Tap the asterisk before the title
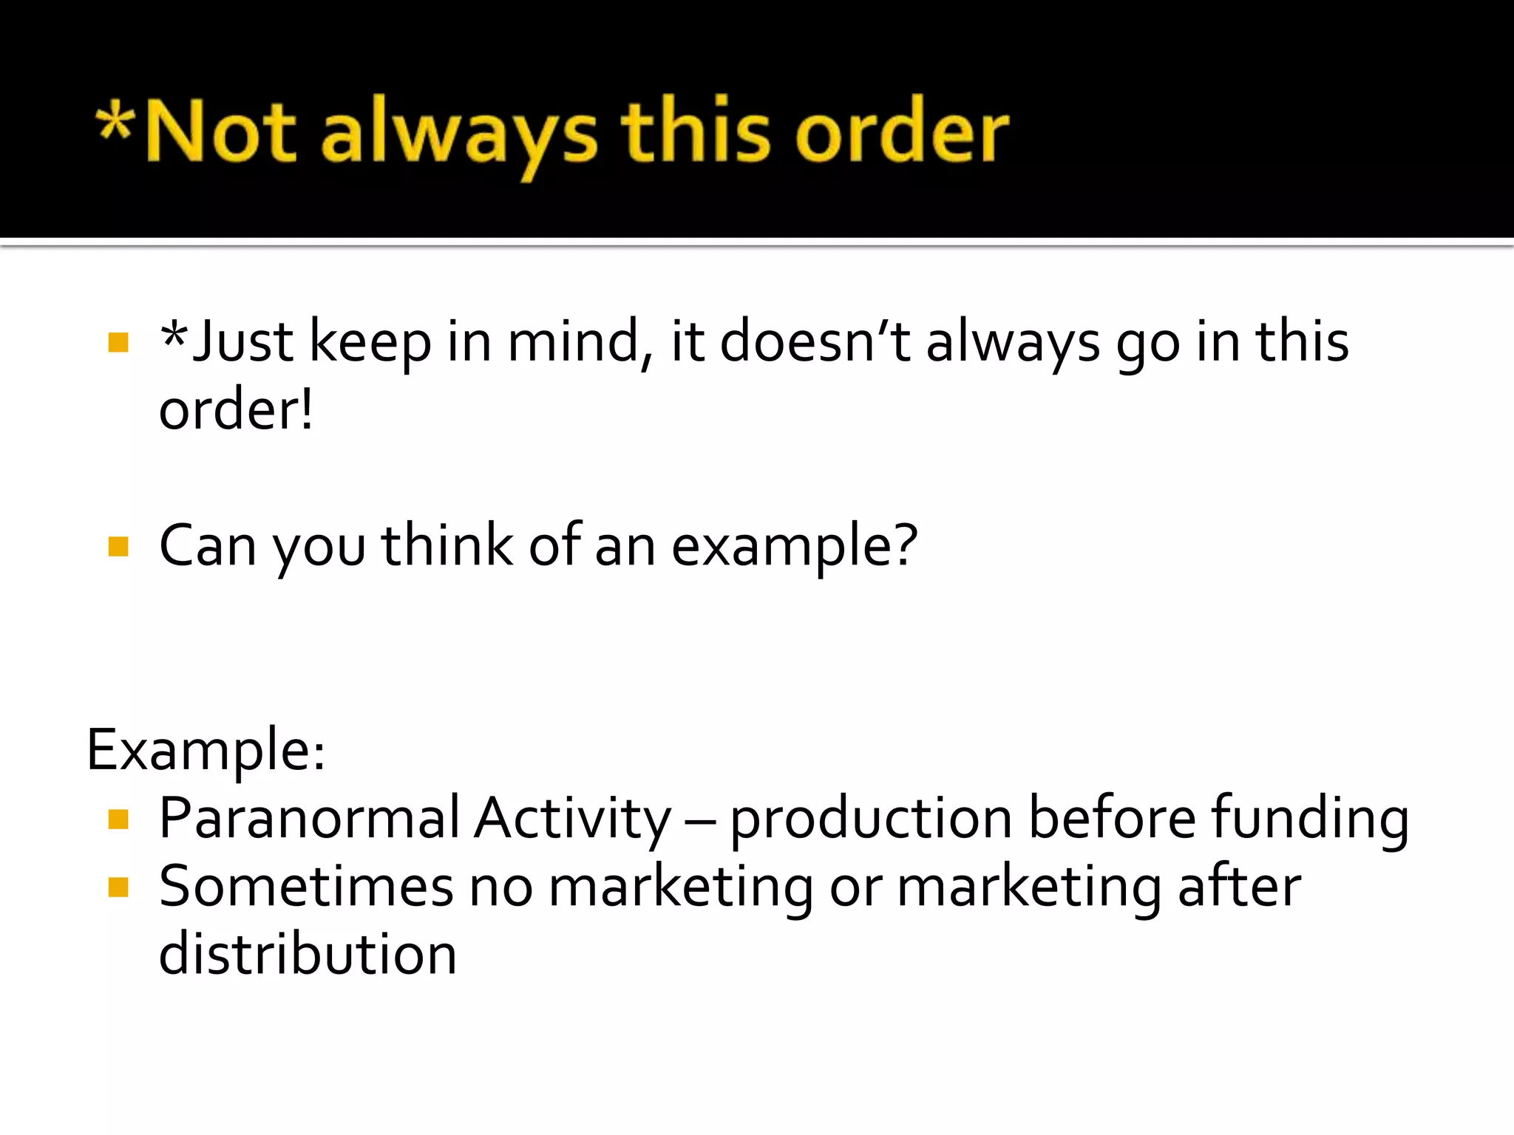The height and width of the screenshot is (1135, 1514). (115, 122)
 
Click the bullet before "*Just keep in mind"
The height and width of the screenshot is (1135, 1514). (118, 342)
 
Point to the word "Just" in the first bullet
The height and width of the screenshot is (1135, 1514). (242, 342)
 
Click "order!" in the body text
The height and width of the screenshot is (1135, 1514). (236, 410)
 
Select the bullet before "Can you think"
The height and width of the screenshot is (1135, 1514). (118, 547)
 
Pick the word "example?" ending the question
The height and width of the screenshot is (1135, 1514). (795, 547)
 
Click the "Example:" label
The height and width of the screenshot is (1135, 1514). (206, 751)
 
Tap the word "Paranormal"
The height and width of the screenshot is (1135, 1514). (309, 819)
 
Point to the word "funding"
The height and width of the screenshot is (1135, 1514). (1310, 819)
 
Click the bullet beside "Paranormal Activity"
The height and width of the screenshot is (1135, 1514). (118, 819)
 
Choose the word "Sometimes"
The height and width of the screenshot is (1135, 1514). (306, 887)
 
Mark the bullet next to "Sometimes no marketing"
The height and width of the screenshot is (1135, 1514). (118, 887)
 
